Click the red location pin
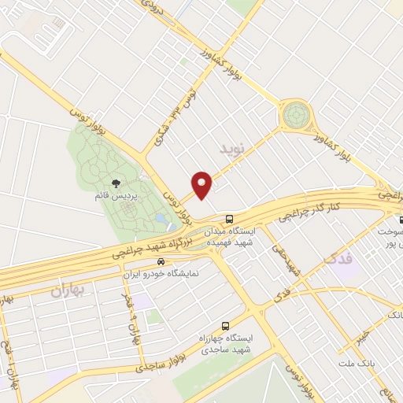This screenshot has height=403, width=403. tap(203, 184)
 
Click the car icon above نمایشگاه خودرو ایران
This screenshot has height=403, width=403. tap(161, 261)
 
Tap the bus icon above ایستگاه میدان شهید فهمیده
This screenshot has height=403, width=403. tap(228, 218)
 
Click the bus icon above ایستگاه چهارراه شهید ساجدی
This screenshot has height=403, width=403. tap(226, 325)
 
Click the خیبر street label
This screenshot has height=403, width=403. tap(357, 337)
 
